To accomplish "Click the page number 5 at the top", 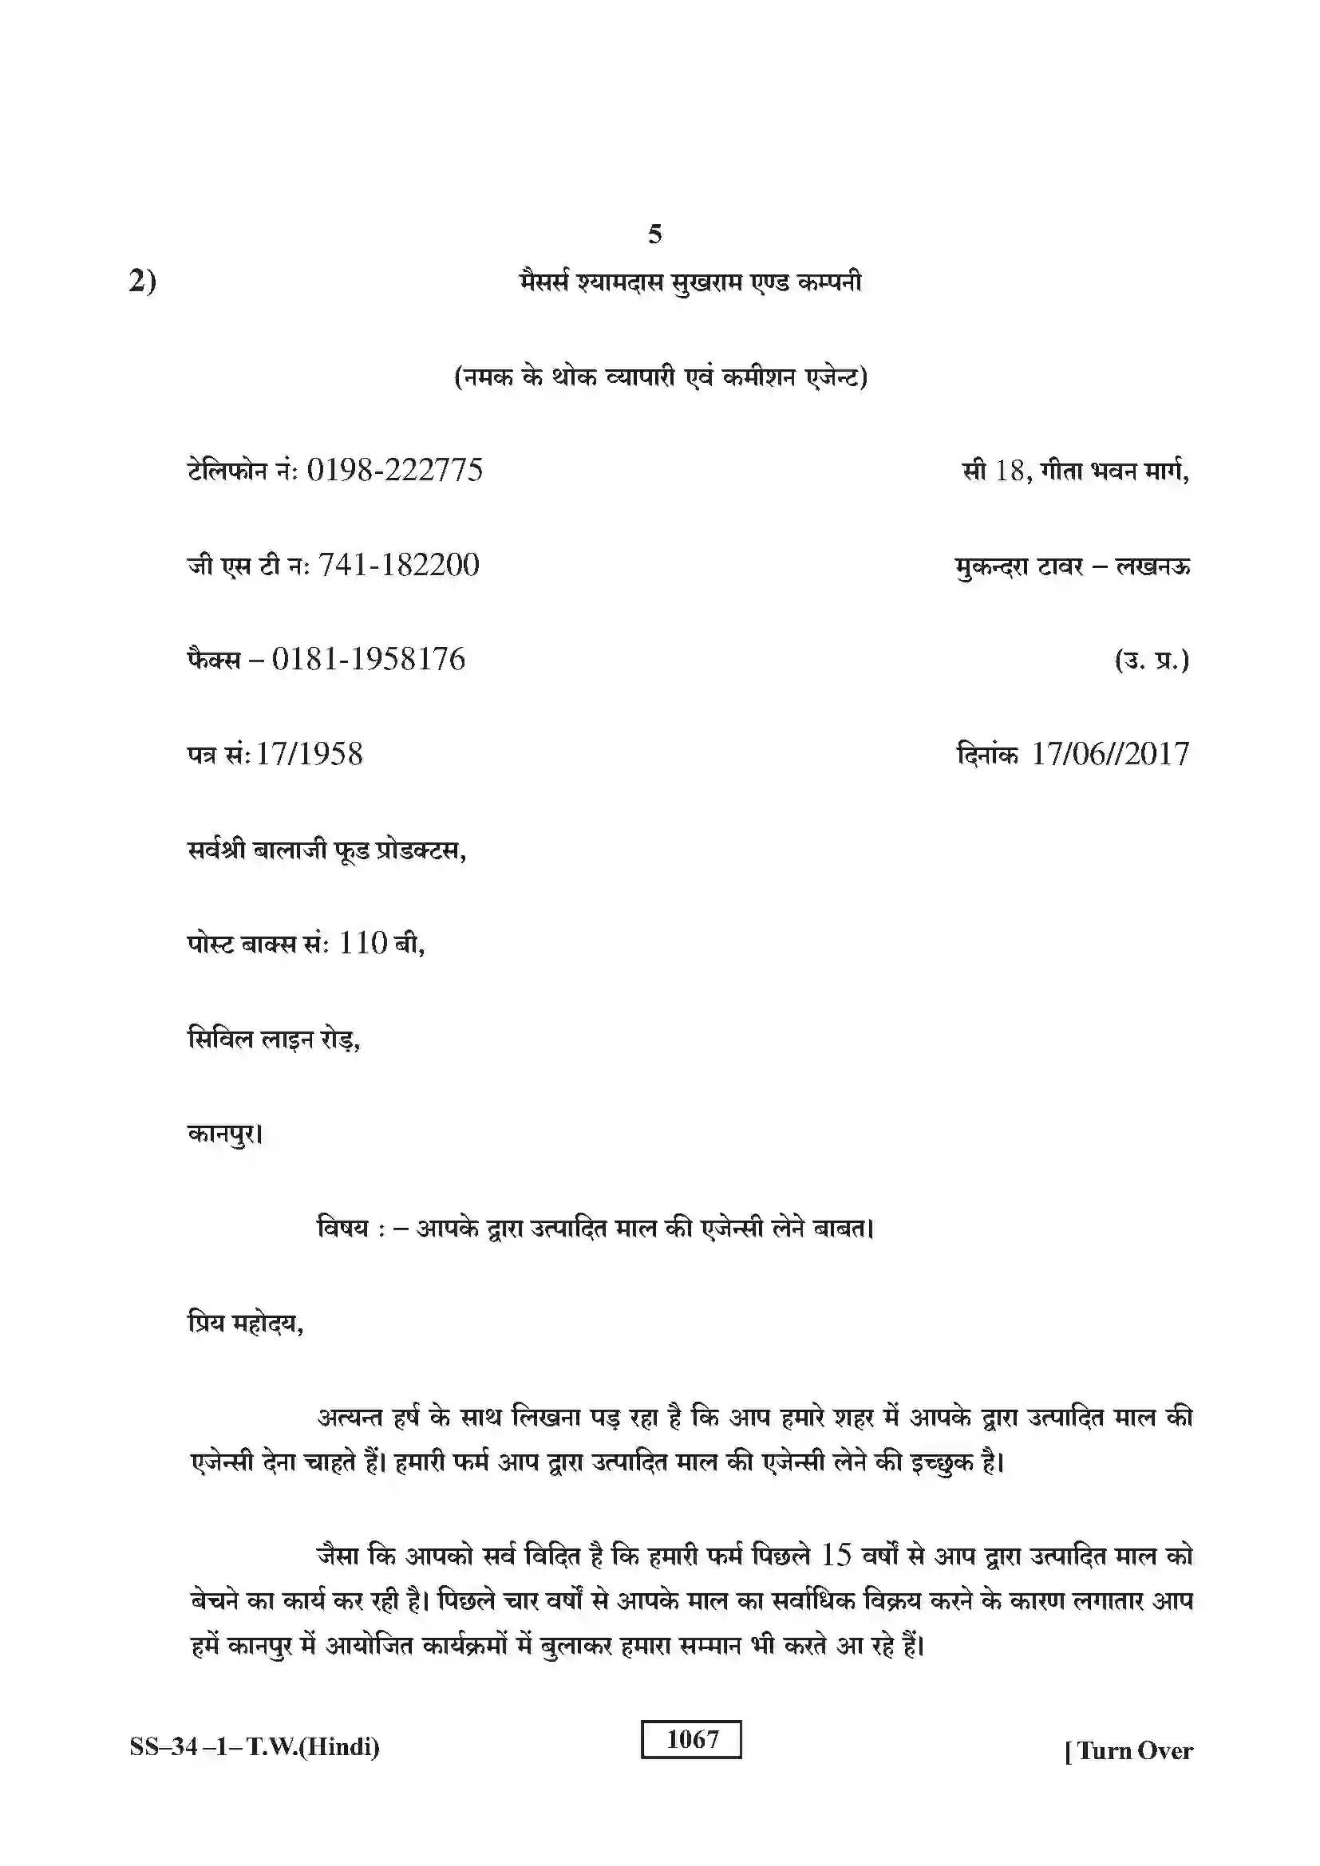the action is pos(655,234).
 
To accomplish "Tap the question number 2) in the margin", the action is pos(142,281).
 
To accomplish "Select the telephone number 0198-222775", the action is pos(394,470).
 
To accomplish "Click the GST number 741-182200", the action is pos(398,564).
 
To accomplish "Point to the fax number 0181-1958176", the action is pos(368,658).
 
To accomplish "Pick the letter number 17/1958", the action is pos(309,753).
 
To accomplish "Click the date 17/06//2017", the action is pos(1109,753).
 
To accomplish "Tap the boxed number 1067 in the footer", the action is pos(692,1738).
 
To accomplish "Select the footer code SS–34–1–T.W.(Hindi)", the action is pos(255,1746).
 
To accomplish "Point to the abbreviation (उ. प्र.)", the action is pos(1152,660).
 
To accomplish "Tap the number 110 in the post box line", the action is pos(362,943).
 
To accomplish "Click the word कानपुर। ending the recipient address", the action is pos(225,1132).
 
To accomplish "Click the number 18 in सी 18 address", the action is pos(1010,470).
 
